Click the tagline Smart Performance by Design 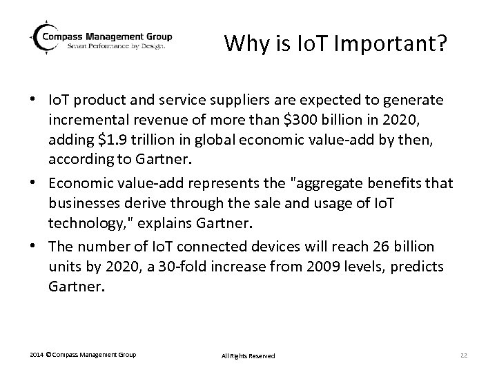tap(117, 47)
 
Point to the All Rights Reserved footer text tap(248, 355)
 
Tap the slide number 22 tap(464, 355)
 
